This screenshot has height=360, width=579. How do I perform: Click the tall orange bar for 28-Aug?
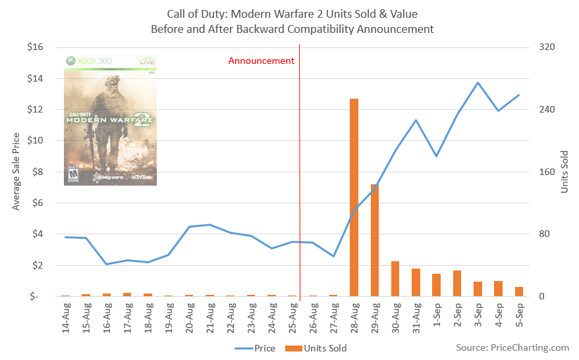pos(354,197)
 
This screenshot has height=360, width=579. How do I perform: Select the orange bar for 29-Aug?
pos(375,240)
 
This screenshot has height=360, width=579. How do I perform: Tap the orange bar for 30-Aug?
pos(395,279)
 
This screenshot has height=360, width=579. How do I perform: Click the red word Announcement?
pos(261,61)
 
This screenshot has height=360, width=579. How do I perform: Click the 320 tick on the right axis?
pos(548,47)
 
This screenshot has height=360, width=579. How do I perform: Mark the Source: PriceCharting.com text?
pos(512,347)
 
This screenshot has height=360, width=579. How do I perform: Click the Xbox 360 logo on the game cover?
pos(90,61)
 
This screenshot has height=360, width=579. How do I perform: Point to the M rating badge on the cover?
pos(74,176)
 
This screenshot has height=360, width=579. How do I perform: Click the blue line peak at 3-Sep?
pos(478,83)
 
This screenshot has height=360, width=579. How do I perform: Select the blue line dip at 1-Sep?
pos(436,156)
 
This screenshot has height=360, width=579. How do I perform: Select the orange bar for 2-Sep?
pos(457,284)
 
